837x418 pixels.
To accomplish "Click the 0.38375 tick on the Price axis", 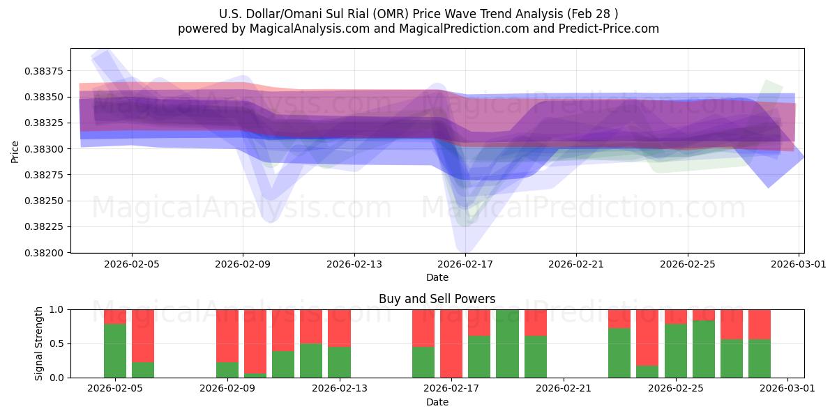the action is [x=43, y=71].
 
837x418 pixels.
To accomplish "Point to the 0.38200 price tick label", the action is [x=43, y=253].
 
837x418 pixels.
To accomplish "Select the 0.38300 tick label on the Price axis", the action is [x=43, y=149].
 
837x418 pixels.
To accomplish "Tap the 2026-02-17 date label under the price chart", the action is [x=465, y=264].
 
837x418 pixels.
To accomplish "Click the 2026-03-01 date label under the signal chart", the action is [x=787, y=389].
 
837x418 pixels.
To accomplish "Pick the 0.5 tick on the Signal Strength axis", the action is [x=56, y=343].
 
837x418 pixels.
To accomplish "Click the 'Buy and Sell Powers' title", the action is [x=437, y=299].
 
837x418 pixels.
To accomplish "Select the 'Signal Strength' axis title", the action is [x=38, y=343].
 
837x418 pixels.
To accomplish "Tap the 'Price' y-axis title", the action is [x=15, y=152].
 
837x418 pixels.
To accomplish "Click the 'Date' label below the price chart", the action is [x=437, y=278].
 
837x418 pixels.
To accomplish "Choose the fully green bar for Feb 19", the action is [x=508, y=343].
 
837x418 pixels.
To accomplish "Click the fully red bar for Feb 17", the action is [x=451, y=343].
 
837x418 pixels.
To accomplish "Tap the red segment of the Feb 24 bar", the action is [x=647, y=338].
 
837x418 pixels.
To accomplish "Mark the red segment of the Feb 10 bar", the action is [x=255, y=342].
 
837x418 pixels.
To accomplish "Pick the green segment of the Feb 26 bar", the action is [x=704, y=349].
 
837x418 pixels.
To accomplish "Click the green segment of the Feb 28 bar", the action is [x=760, y=359].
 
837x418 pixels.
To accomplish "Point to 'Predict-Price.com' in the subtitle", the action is [x=609, y=29].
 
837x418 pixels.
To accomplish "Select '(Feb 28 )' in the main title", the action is [x=592, y=14].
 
